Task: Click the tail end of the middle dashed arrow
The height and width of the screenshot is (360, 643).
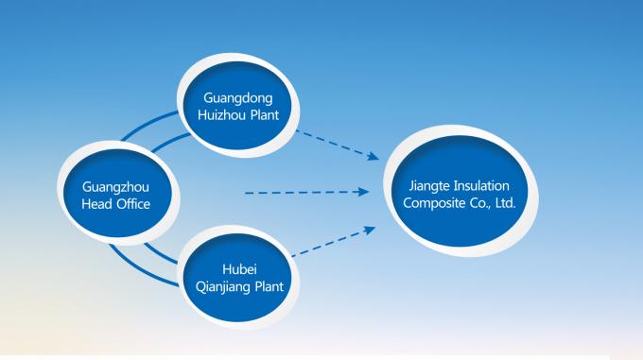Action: pos(248,193)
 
